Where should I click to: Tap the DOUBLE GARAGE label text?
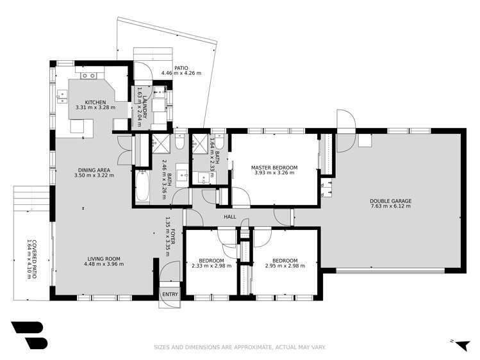[x=390, y=201]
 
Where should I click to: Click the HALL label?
[x=229, y=217]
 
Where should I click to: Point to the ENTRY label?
[x=170, y=294]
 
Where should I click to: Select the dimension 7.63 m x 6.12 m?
[x=390, y=207]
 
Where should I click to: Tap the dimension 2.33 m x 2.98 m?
[x=211, y=266]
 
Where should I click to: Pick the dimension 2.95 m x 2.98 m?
[x=285, y=266]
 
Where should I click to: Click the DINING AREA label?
[x=94, y=169]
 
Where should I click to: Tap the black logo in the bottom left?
[x=29, y=334]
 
